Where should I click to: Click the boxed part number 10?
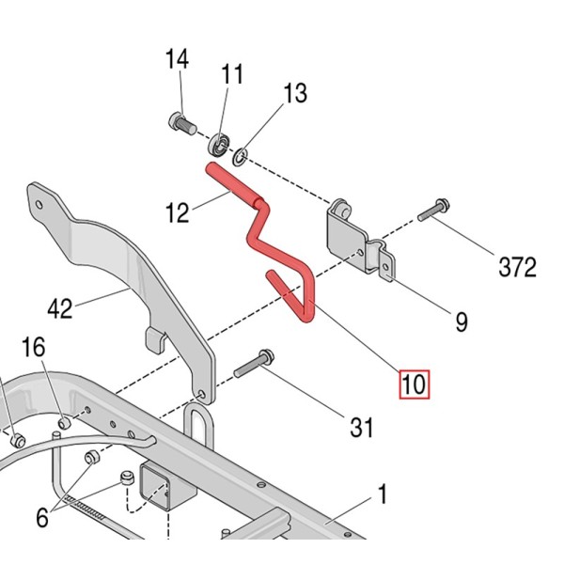(x=414, y=384)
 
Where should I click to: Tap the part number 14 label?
(x=177, y=60)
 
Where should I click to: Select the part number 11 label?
(x=232, y=73)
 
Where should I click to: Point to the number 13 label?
(x=294, y=93)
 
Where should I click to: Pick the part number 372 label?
(x=516, y=267)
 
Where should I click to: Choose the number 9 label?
(x=461, y=322)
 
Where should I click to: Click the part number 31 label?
(x=361, y=428)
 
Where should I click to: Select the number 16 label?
(x=33, y=348)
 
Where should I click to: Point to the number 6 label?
(x=40, y=516)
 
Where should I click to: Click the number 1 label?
(x=383, y=493)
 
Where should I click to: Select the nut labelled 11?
(x=218, y=144)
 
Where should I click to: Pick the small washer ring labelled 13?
(x=242, y=153)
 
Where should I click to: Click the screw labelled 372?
(x=431, y=210)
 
